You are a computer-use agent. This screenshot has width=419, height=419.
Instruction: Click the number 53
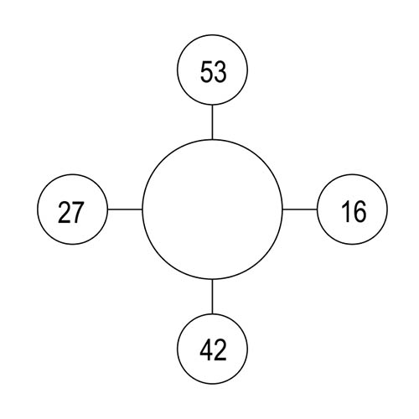[214, 72]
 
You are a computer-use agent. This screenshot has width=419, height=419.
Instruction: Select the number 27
[70, 212]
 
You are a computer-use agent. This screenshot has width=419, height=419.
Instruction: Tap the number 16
[354, 211]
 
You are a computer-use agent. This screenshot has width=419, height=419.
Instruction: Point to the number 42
[213, 349]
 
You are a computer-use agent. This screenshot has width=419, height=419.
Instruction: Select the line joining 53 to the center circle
[212, 122]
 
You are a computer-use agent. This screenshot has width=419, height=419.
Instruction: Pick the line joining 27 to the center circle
[125, 209]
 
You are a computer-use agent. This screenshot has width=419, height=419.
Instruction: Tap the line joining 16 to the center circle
[300, 209]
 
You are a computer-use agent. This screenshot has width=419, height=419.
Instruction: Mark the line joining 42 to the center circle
[212, 297]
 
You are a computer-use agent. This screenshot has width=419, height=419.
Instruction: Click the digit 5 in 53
[207, 72]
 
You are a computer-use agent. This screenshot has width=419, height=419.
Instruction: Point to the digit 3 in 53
[220, 72]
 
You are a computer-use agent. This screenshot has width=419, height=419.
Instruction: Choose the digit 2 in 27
[64, 212]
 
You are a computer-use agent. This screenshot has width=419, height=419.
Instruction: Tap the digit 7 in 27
[78, 213]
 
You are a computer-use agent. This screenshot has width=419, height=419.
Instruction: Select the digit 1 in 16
[346, 211]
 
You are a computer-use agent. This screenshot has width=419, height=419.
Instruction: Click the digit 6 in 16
[360, 211]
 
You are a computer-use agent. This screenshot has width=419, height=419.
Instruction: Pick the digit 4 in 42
[206, 349]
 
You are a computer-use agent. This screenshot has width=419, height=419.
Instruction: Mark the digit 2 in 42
[220, 349]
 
